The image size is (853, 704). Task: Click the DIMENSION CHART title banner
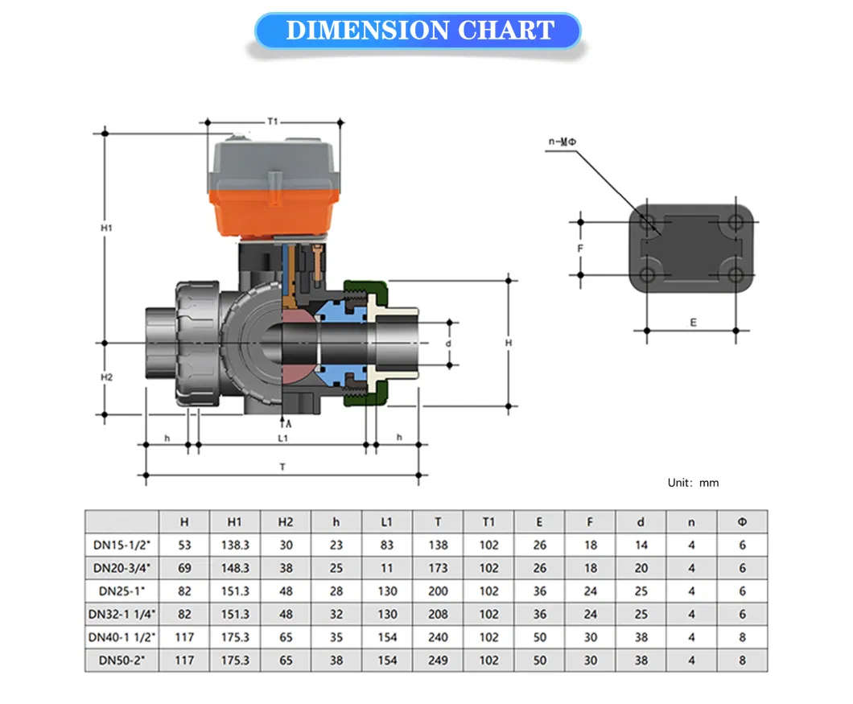click(x=418, y=31)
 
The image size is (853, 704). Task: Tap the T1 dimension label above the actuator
click(x=273, y=121)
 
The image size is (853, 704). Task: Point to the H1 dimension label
click(x=106, y=228)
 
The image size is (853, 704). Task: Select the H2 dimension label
click(x=106, y=377)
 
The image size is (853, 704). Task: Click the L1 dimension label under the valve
click(x=283, y=438)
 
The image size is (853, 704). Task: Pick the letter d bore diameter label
click(x=448, y=344)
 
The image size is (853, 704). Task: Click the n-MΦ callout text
click(x=562, y=142)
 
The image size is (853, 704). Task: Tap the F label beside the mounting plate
click(x=580, y=249)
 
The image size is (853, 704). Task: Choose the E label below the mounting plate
click(x=693, y=323)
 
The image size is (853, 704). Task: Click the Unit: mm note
click(x=693, y=483)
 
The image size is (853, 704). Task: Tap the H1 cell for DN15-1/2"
click(x=235, y=545)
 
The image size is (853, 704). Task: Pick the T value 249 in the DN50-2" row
click(x=438, y=661)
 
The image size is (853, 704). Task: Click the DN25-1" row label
click(x=122, y=591)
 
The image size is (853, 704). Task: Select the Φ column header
click(x=743, y=522)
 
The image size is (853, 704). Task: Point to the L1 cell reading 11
click(x=387, y=569)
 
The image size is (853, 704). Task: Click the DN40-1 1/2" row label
click(x=122, y=638)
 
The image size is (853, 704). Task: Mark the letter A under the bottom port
click(x=288, y=424)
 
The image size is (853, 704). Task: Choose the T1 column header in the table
click(x=488, y=522)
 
